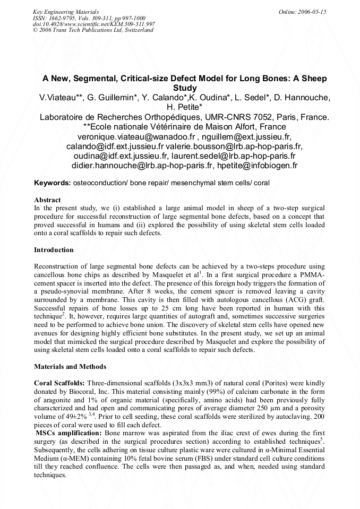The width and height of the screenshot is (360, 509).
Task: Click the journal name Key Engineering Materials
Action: (x=65, y=11)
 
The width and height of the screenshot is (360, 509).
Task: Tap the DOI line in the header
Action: (x=94, y=24)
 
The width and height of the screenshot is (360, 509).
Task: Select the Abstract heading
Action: (x=47, y=200)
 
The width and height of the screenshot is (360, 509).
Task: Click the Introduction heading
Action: (x=54, y=249)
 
